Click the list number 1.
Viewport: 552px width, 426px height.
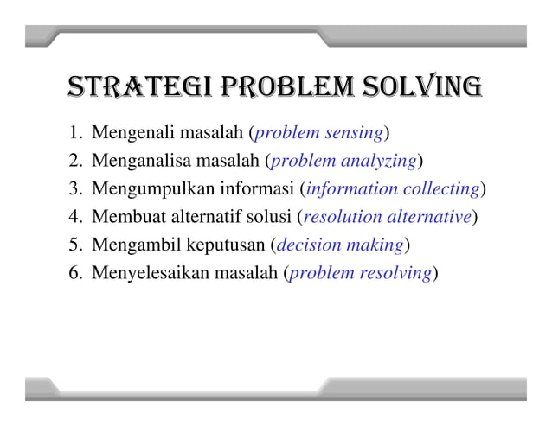tap(74, 133)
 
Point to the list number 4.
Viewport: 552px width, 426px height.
tap(74, 217)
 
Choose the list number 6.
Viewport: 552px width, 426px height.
tap(74, 274)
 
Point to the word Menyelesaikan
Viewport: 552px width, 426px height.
tap(144, 274)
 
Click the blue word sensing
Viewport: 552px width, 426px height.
tap(352, 133)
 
